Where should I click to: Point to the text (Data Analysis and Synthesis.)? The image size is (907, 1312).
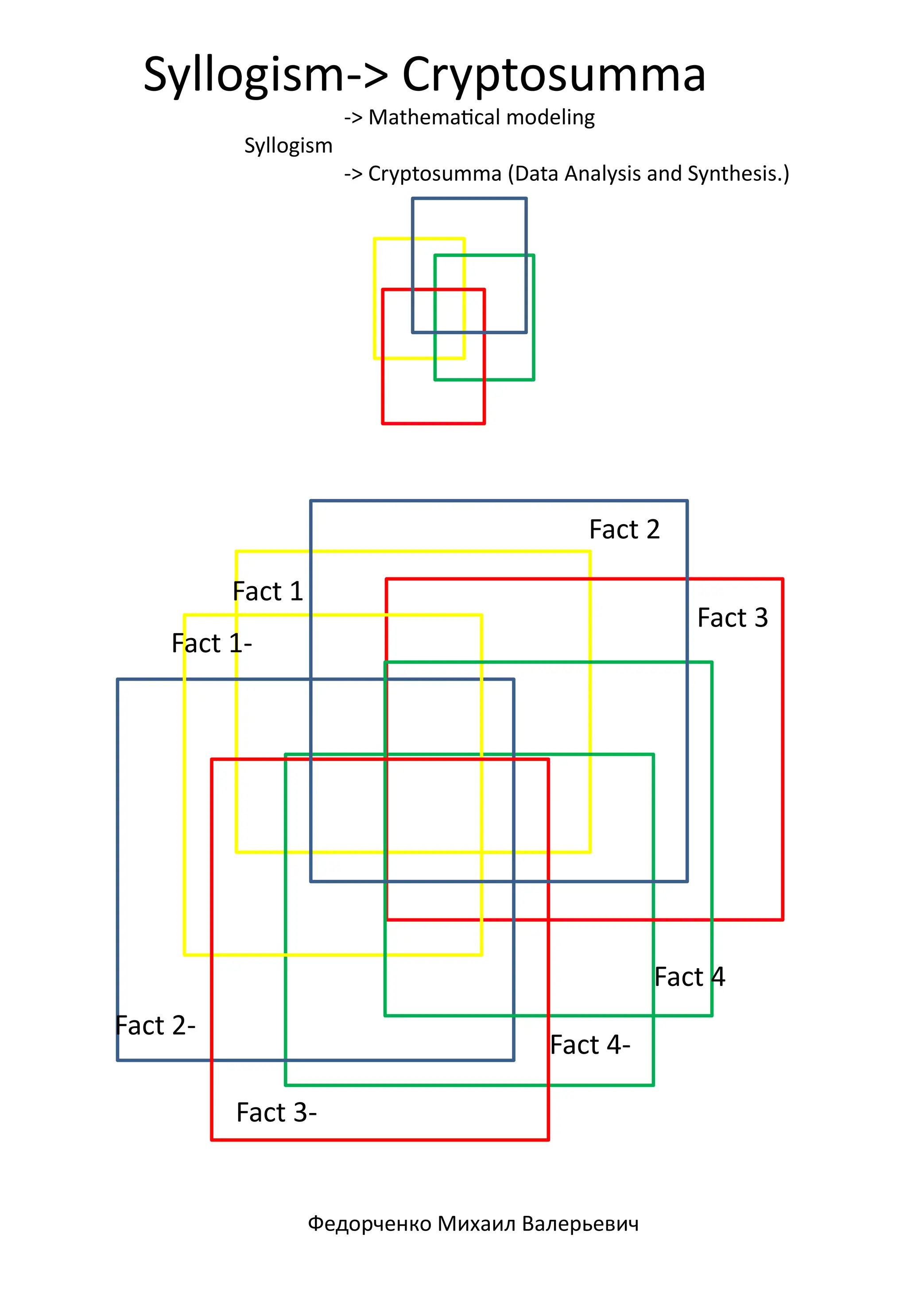point(648,173)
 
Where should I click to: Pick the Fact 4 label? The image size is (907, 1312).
point(690,977)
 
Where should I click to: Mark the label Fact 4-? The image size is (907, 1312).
point(590,1044)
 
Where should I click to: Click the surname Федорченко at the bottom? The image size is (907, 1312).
point(369,1223)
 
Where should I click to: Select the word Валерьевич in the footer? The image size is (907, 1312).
point(580,1223)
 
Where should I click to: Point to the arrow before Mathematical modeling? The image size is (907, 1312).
point(353,118)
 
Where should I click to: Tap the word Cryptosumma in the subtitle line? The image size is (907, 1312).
point(435,173)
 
